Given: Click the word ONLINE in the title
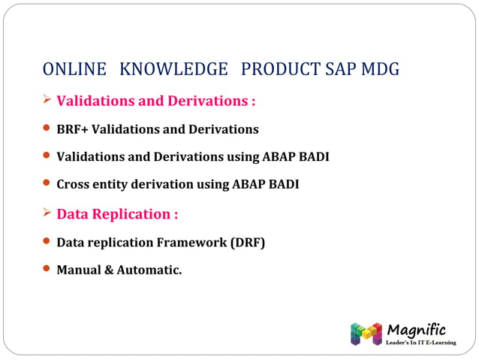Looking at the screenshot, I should [74, 70].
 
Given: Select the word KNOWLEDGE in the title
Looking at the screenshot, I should [173, 70].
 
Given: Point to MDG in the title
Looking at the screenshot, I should [380, 70].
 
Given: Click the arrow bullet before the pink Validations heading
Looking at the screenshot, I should [47, 100].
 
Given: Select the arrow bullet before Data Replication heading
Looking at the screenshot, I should [47, 213].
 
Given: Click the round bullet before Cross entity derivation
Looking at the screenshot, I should [47, 183].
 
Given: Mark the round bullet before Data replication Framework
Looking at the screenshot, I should [47, 242].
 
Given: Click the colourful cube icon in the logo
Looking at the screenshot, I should [366, 334].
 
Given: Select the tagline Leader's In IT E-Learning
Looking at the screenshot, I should [420, 343].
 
